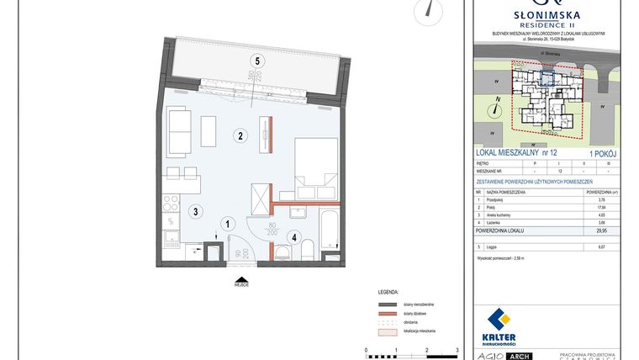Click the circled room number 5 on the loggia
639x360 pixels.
pyautogui.click(x=258, y=60)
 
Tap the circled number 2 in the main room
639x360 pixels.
pyautogui.click(x=240, y=135)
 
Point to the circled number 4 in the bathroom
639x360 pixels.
pyautogui.click(x=293, y=237)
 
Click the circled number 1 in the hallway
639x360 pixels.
pyautogui.click(x=227, y=224)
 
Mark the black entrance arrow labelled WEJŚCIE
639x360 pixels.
pyautogui.click(x=242, y=278)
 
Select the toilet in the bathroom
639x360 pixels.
pyautogui.click(x=309, y=248)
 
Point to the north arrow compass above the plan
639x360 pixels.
pyautogui.click(x=432, y=10)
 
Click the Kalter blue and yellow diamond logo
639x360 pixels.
pyautogui.click(x=499, y=320)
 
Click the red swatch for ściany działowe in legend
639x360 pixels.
pyautogui.click(x=387, y=311)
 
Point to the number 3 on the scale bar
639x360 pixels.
pyautogui.click(x=456, y=347)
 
